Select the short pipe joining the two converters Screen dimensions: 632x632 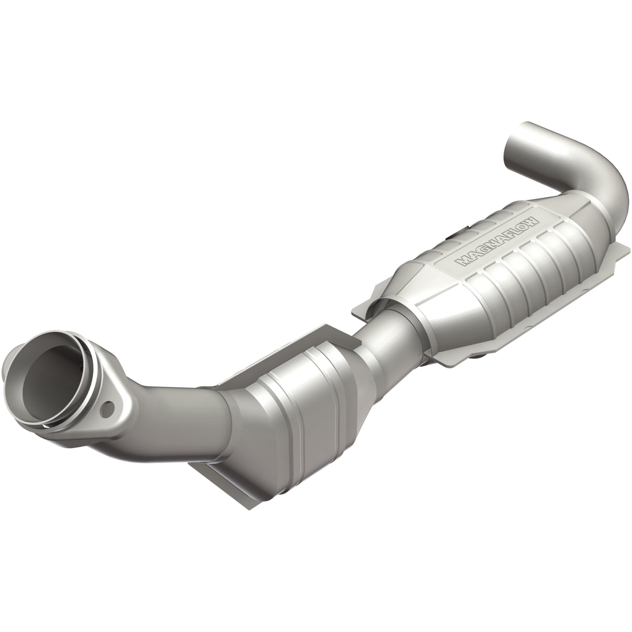(388, 318)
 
